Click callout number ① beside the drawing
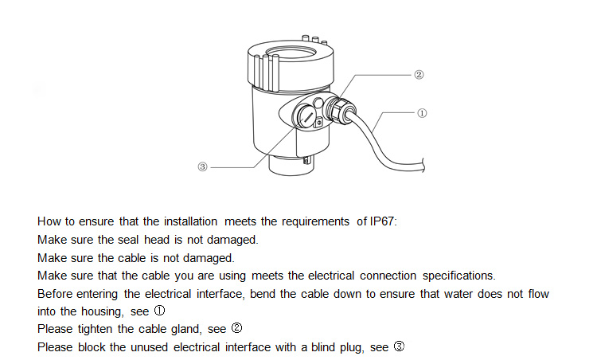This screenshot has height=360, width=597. coord(421,113)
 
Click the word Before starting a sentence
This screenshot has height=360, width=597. coord(57,295)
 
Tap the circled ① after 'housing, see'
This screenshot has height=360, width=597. coord(159,312)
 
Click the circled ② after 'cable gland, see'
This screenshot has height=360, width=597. coord(236,330)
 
